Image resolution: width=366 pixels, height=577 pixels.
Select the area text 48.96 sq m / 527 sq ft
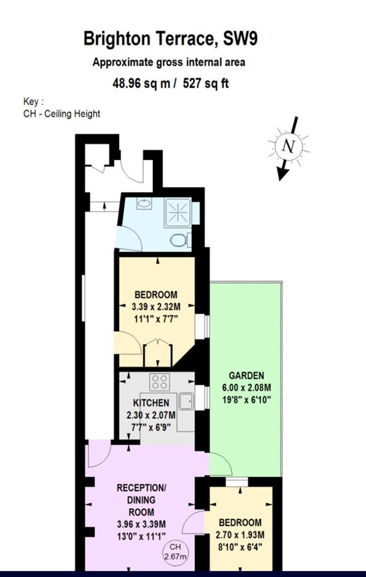pos(171,84)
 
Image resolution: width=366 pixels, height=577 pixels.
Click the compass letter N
pos(289,146)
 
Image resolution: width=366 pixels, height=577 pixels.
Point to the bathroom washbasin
pos(144,204)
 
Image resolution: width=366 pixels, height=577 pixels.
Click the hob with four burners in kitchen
pos(160,381)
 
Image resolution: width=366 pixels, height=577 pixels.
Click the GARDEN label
pos(246,375)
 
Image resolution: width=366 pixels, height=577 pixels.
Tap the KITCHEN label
pos(151,403)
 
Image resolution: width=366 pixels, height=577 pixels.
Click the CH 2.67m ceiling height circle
pos(174,551)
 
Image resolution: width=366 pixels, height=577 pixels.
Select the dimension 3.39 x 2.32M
pos(156,306)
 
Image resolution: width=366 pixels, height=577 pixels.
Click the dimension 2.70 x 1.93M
pos(240,534)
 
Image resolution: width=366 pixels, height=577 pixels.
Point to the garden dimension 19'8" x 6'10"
pos(246,398)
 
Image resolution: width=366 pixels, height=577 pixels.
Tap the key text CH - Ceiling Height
pos(61,113)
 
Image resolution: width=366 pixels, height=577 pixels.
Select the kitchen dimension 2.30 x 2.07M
pos(151,415)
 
